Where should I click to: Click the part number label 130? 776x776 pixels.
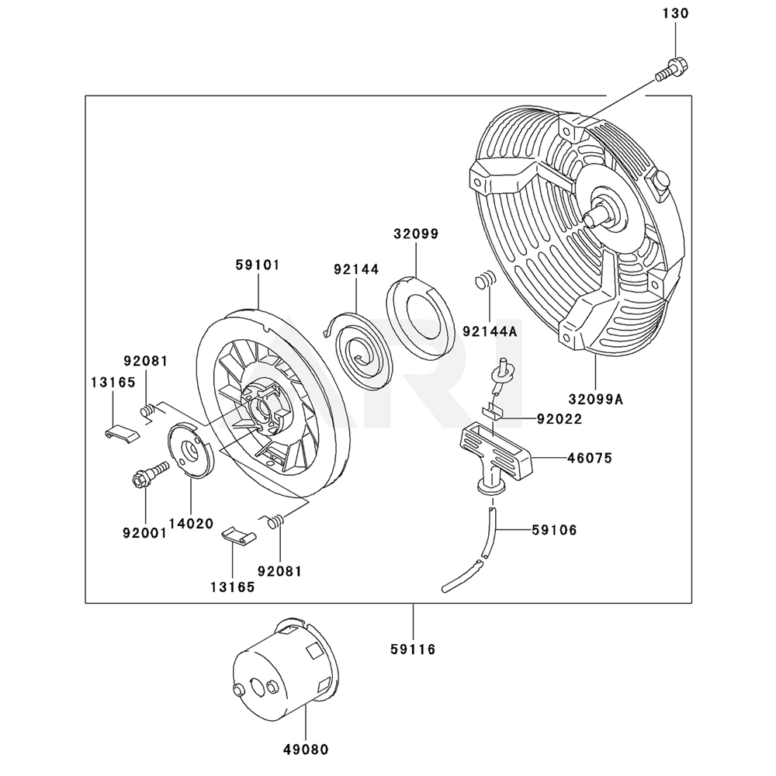[x=675, y=14]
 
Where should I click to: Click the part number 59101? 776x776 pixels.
[x=257, y=265]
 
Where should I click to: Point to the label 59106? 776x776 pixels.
[x=554, y=531]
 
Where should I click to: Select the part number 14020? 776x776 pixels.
[x=191, y=524]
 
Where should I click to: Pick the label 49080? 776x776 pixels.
[x=305, y=750]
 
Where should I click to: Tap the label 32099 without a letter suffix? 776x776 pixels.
[x=415, y=233]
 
